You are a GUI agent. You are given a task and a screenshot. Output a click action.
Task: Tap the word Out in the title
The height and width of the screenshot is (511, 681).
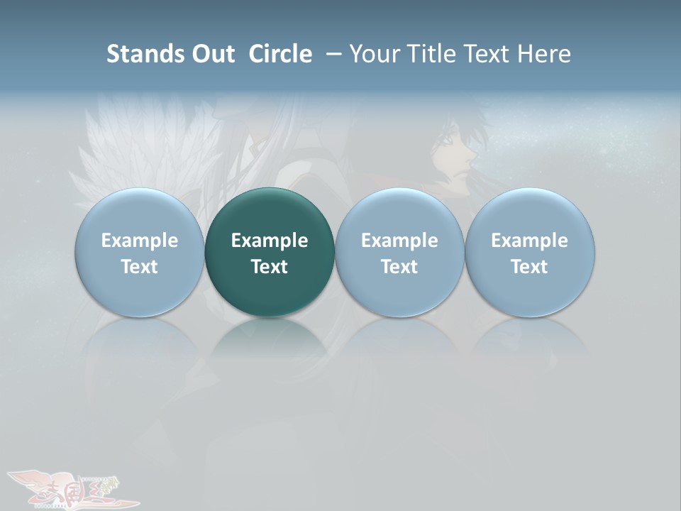click(x=212, y=54)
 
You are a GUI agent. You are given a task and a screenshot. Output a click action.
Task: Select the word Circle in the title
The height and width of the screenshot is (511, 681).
click(x=280, y=54)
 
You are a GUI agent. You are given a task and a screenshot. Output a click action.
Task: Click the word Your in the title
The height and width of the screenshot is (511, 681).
click(x=374, y=54)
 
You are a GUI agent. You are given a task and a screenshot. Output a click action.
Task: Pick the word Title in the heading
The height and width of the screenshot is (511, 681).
click(x=433, y=54)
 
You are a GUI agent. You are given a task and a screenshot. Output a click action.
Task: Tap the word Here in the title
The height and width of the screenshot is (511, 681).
click(x=545, y=54)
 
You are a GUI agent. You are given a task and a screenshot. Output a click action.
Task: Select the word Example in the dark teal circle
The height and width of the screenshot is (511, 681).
click(x=270, y=241)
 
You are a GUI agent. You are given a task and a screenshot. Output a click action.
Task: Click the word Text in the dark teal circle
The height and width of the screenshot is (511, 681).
click(x=270, y=267)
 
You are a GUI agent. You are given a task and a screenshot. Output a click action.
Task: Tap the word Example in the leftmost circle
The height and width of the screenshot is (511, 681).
click(x=140, y=241)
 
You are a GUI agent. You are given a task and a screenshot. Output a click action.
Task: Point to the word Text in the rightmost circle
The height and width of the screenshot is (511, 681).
click(x=530, y=267)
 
